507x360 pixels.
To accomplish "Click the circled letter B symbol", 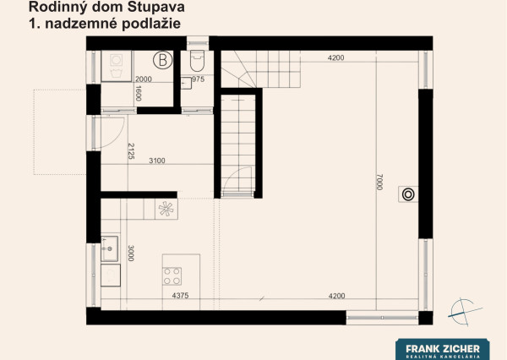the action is [162, 60].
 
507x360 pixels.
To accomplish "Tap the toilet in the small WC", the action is [197, 61].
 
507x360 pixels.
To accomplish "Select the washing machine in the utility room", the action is [117, 66].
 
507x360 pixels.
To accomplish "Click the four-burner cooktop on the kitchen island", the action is [172, 276].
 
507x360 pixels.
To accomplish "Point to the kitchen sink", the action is [109, 248].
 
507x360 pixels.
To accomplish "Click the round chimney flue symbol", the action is [408, 194].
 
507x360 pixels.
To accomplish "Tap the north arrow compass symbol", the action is [464, 312].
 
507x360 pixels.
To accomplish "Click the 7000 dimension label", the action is [380, 182].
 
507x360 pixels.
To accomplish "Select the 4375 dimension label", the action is [181, 295].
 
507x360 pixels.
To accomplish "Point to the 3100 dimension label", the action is [157, 161].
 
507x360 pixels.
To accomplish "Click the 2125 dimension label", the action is [131, 151].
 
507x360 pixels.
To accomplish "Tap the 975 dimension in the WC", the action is [199, 79].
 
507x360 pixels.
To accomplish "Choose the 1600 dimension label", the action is [139, 94].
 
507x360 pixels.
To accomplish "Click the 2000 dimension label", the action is [144, 79].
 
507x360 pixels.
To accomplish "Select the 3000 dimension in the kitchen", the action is [131, 254].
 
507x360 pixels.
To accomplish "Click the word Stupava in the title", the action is [155, 8].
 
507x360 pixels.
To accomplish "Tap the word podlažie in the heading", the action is [151, 24].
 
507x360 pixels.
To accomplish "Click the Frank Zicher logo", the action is [443, 349].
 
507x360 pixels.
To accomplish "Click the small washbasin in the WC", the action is [186, 83].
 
